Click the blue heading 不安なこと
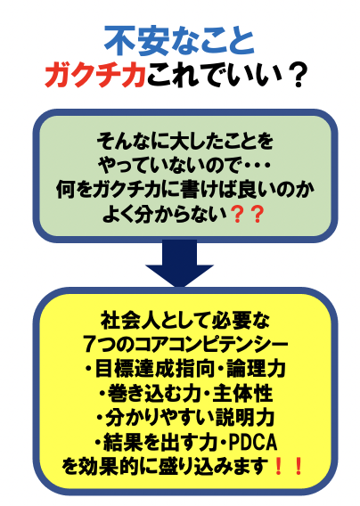[x=180, y=41]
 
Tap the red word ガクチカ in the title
[x=95, y=76]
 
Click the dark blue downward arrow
[x=179, y=263]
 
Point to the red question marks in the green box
[x=248, y=215]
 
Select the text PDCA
[x=253, y=442]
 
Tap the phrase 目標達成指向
[x=155, y=369]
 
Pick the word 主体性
[x=242, y=393]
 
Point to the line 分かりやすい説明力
[x=190, y=418]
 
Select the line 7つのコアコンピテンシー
[x=185, y=344]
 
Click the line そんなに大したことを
[x=185, y=141]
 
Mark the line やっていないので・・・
[x=184, y=165]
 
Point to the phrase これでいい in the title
[x=213, y=76]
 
